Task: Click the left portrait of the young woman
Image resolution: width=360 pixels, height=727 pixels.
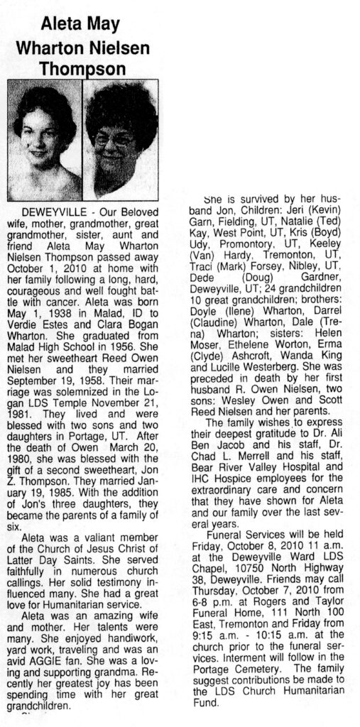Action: [43, 140]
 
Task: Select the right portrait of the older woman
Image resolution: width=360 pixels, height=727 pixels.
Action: [121, 140]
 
